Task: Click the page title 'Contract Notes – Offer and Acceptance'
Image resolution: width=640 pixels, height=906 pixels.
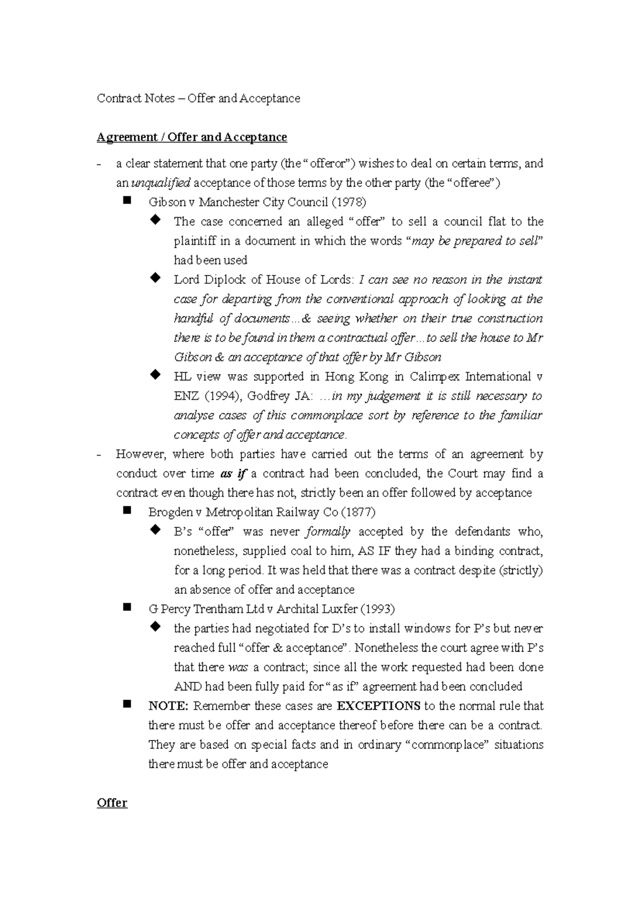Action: [198, 99]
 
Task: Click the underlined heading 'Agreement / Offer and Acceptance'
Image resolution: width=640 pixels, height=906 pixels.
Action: [191, 137]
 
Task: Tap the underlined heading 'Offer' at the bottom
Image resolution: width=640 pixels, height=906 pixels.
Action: [111, 803]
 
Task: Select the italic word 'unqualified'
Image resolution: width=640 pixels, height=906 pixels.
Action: [161, 183]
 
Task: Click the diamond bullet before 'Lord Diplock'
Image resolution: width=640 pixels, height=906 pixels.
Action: [155, 277]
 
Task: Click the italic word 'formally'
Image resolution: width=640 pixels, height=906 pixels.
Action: [328, 531]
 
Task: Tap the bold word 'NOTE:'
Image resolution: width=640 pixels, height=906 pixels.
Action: [168, 706]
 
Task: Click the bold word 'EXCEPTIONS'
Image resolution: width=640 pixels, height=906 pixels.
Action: [379, 706]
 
